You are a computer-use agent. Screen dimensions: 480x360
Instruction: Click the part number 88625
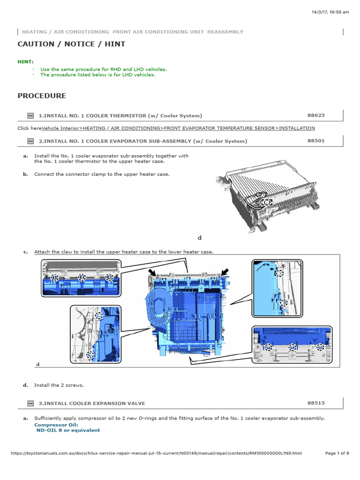tap(316, 115)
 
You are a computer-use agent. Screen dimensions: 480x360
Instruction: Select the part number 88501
tap(316, 140)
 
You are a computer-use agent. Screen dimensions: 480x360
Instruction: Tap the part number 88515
tap(316, 403)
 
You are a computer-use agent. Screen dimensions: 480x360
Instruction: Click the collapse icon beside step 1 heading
tap(30, 115)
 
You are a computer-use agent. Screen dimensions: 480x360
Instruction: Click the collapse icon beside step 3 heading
tap(30, 403)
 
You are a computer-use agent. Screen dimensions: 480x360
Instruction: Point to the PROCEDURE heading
tap(42, 96)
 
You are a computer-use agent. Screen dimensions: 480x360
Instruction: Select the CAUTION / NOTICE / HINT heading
tap(71, 44)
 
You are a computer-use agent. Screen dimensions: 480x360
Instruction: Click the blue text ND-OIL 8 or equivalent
tap(68, 430)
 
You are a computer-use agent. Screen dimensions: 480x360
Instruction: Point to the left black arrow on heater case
tap(152, 272)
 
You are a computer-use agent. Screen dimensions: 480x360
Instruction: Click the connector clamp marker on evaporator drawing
tap(267, 202)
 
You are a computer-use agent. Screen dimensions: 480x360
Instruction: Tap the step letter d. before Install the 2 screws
tap(26, 385)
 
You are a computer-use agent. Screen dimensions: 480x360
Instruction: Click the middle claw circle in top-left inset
tap(82, 277)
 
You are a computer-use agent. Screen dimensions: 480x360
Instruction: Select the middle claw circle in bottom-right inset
tap(292, 347)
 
